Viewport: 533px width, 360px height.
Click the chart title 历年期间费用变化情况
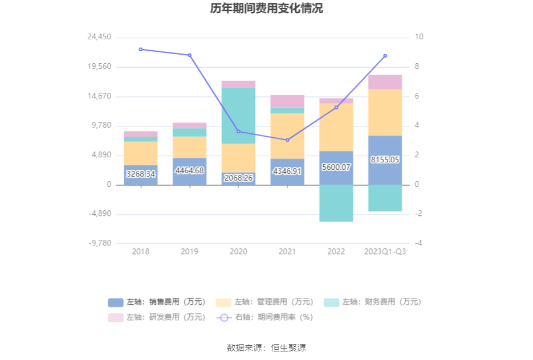coord(266,9)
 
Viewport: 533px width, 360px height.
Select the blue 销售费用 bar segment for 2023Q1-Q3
coord(385,171)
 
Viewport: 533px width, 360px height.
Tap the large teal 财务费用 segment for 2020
coord(238,115)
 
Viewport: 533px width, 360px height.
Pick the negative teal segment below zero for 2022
coord(336,203)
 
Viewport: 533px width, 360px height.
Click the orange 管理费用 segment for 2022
coord(336,126)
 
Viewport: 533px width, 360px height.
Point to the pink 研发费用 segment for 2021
coord(287,101)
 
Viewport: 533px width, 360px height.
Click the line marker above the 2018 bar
coord(141,50)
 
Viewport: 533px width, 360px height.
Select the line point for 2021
coord(287,140)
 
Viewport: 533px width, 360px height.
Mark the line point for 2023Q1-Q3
coord(385,56)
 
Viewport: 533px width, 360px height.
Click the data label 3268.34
coord(141,174)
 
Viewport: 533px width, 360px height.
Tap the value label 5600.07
coord(336,167)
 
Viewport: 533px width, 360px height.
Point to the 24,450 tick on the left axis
coord(99,37)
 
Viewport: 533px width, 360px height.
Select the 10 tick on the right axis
coord(419,37)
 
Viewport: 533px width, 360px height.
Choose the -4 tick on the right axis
coord(418,243)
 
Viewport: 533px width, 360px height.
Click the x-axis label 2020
coord(238,252)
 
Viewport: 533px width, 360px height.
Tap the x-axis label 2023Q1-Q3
coord(385,252)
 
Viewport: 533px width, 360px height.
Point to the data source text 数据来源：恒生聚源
coord(266,347)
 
